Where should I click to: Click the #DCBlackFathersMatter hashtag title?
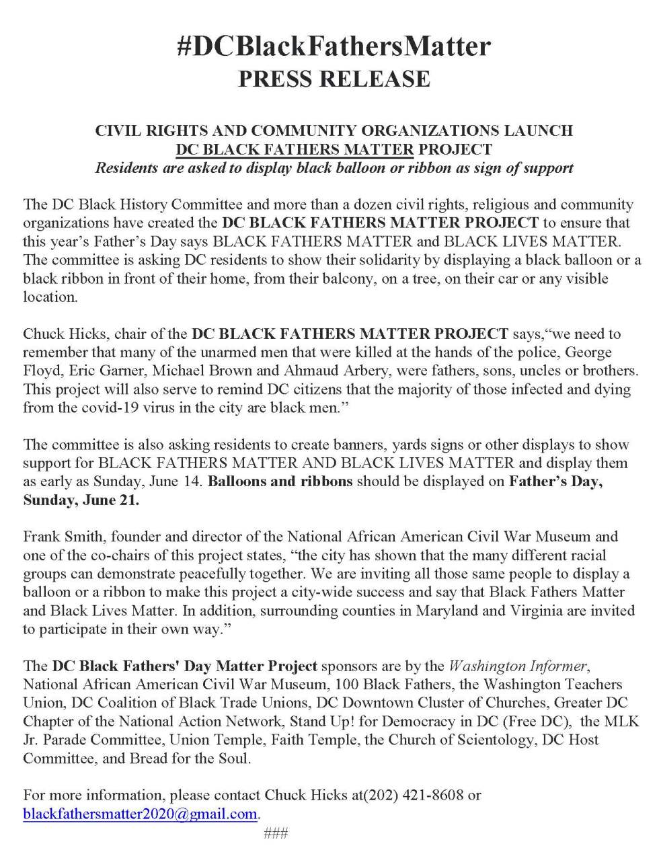[x=334, y=46]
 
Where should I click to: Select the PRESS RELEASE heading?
[x=334, y=79]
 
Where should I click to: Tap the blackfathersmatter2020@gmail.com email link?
[x=140, y=814]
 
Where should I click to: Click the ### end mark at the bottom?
[x=276, y=833]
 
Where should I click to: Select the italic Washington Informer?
[x=518, y=666]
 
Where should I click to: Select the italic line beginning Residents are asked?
[x=334, y=167]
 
